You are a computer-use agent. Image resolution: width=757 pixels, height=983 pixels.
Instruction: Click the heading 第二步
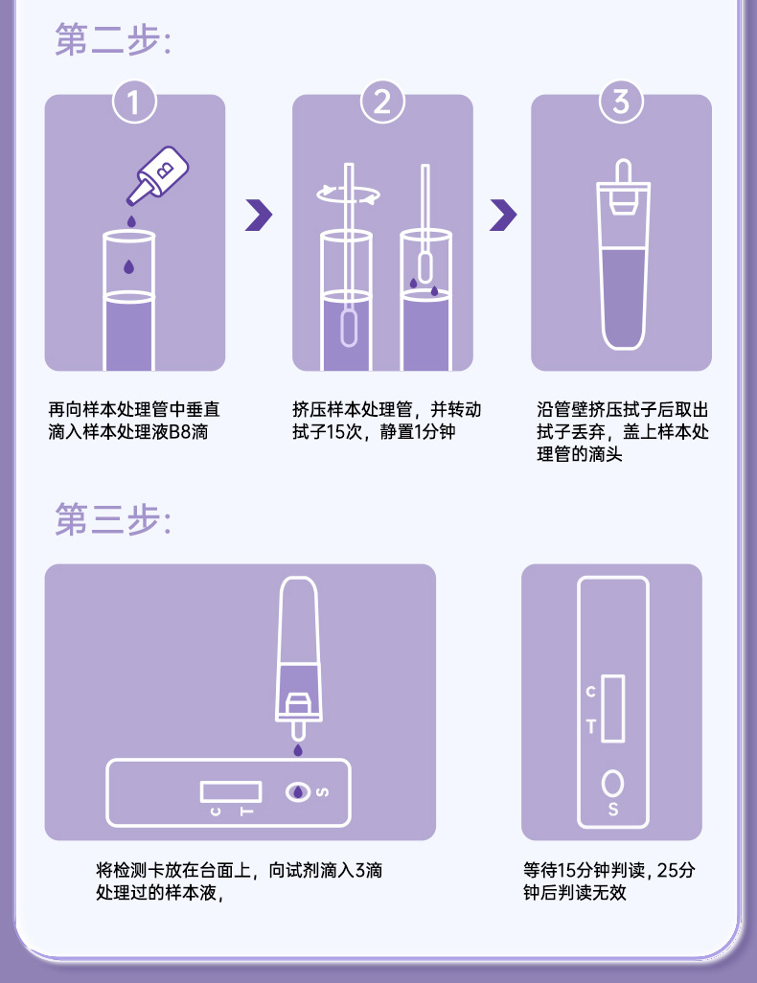pos(113,39)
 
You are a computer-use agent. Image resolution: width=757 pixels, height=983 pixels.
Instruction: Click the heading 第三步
pos(113,519)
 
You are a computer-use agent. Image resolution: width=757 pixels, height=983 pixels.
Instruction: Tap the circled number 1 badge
pos(134,103)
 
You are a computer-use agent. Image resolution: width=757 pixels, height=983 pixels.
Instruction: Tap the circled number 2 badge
pos(382,103)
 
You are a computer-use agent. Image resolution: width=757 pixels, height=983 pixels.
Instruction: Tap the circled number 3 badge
pos(621,103)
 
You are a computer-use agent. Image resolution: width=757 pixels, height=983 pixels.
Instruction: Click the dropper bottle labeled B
pos(158,175)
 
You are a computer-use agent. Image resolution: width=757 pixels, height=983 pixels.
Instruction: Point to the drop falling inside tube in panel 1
pos(128,266)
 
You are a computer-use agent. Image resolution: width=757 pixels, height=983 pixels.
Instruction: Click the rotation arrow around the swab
pos(348,194)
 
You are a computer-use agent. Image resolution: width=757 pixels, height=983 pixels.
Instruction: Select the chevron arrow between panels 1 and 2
pos(259,215)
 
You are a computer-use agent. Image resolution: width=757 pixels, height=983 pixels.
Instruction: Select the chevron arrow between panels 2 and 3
pos(503,215)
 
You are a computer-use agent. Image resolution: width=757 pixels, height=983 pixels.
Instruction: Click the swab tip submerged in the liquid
pos(349,327)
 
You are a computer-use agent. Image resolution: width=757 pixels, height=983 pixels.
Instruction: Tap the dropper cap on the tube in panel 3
pos(623,187)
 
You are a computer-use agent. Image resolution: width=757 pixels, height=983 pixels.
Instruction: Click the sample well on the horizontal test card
pos(298,791)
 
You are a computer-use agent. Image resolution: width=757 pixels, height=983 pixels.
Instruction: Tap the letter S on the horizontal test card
pos(322,791)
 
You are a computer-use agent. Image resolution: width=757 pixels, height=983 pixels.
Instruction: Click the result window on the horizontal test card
pos(231,791)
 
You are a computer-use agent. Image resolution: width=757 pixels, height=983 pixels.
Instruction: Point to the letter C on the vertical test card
pos(591,692)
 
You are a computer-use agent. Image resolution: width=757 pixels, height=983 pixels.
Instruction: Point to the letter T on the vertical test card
pos(591,726)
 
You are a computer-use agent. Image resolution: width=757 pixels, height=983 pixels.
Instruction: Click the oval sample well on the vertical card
pos(612,783)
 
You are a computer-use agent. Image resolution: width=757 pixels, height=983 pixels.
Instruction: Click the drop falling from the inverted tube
pos(298,750)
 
